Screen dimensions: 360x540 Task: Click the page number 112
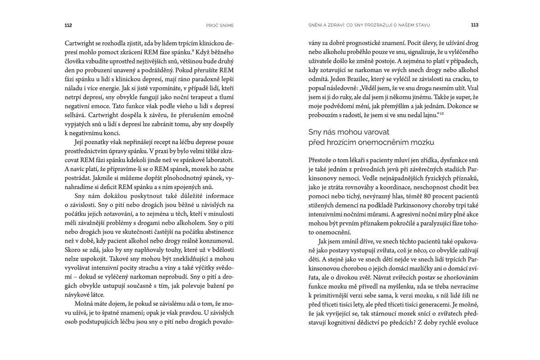click(68, 25)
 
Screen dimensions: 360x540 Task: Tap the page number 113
click(474, 25)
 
